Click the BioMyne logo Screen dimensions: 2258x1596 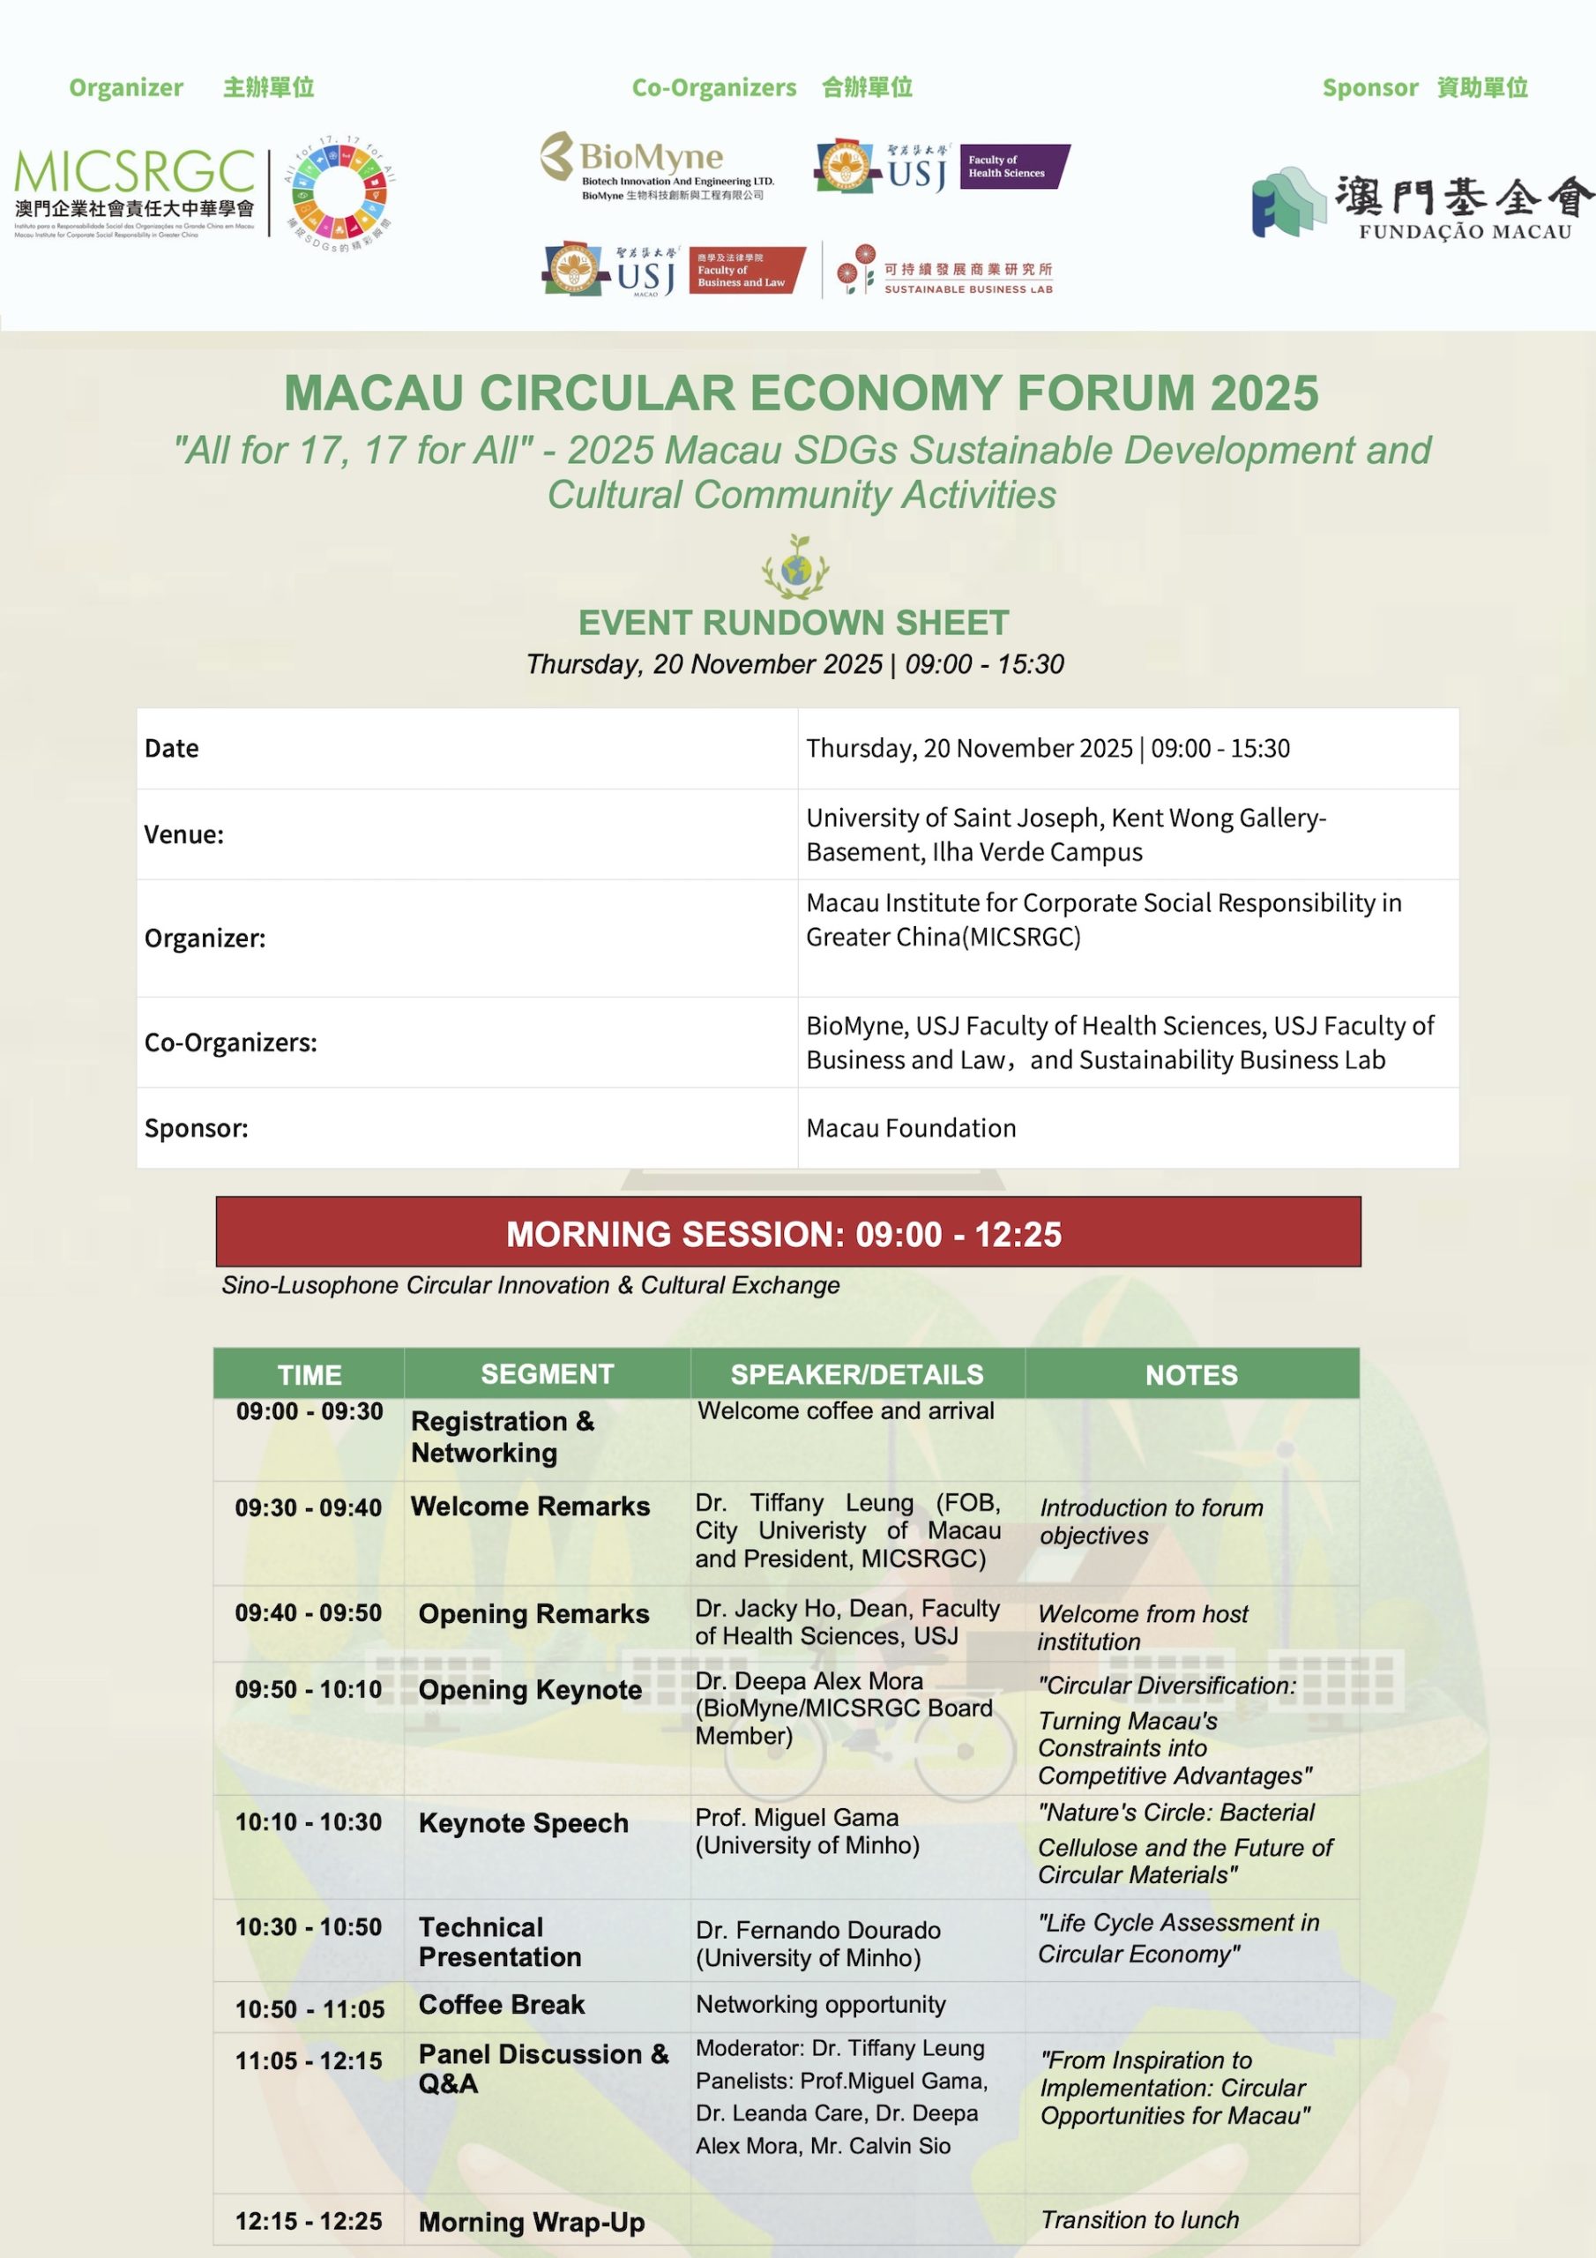click(656, 166)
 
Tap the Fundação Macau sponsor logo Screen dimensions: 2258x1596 click(1421, 205)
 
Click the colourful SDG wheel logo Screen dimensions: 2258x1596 click(339, 193)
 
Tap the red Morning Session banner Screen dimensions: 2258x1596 click(787, 1232)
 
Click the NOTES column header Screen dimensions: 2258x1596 click(1191, 1374)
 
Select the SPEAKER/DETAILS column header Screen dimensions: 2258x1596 click(856, 1374)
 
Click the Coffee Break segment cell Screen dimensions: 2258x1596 click(502, 2004)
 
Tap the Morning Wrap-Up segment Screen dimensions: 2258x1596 click(531, 2222)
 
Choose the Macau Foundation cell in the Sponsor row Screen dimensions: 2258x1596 click(911, 1128)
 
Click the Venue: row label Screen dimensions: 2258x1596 click(184, 834)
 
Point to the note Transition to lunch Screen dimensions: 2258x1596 click(1138, 2220)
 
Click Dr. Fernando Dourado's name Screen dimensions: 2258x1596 click(818, 1930)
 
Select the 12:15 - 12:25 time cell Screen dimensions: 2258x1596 click(308, 2221)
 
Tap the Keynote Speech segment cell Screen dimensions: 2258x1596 click(523, 1822)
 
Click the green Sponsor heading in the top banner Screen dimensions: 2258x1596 click(1369, 87)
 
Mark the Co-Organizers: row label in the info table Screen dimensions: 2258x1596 click(231, 1043)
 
